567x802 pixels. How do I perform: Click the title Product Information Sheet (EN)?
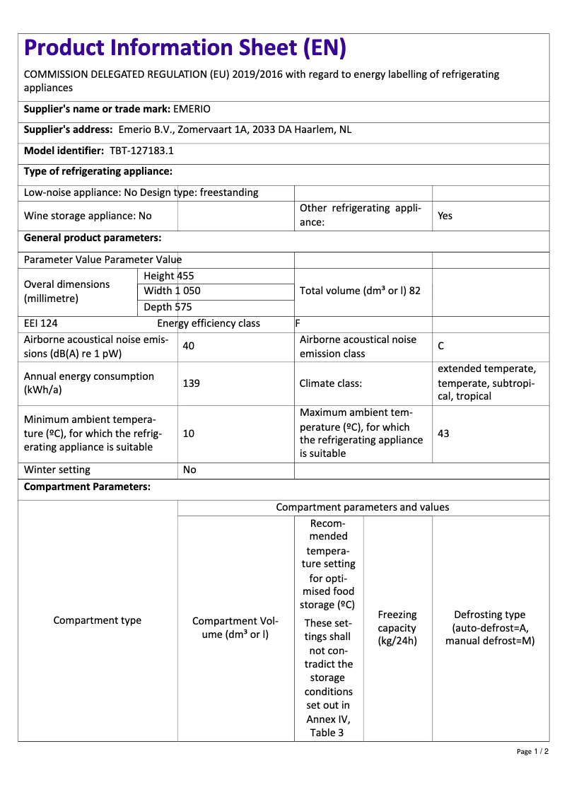[x=185, y=48]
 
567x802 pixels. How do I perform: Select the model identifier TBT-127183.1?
[x=141, y=151]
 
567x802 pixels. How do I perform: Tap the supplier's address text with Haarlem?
[x=235, y=129]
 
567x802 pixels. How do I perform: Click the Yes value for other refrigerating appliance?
[x=445, y=216]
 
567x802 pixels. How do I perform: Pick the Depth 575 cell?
[x=168, y=307]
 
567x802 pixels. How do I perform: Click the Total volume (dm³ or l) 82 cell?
[x=360, y=291]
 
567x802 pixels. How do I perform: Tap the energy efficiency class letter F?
[x=298, y=323]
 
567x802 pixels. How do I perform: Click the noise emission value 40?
[x=189, y=346]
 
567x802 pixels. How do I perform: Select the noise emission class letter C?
[x=441, y=346]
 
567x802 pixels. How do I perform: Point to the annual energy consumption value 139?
[x=191, y=383]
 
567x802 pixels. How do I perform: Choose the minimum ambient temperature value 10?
[x=189, y=434]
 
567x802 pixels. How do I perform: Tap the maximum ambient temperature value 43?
[x=443, y=434]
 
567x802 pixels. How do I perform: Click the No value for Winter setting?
[x=189, y=470]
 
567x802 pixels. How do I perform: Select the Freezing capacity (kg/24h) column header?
[x=397, y=628]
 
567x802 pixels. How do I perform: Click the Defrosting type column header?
[x=489, y=628]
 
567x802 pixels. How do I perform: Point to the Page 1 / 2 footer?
[x=532, y=751]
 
